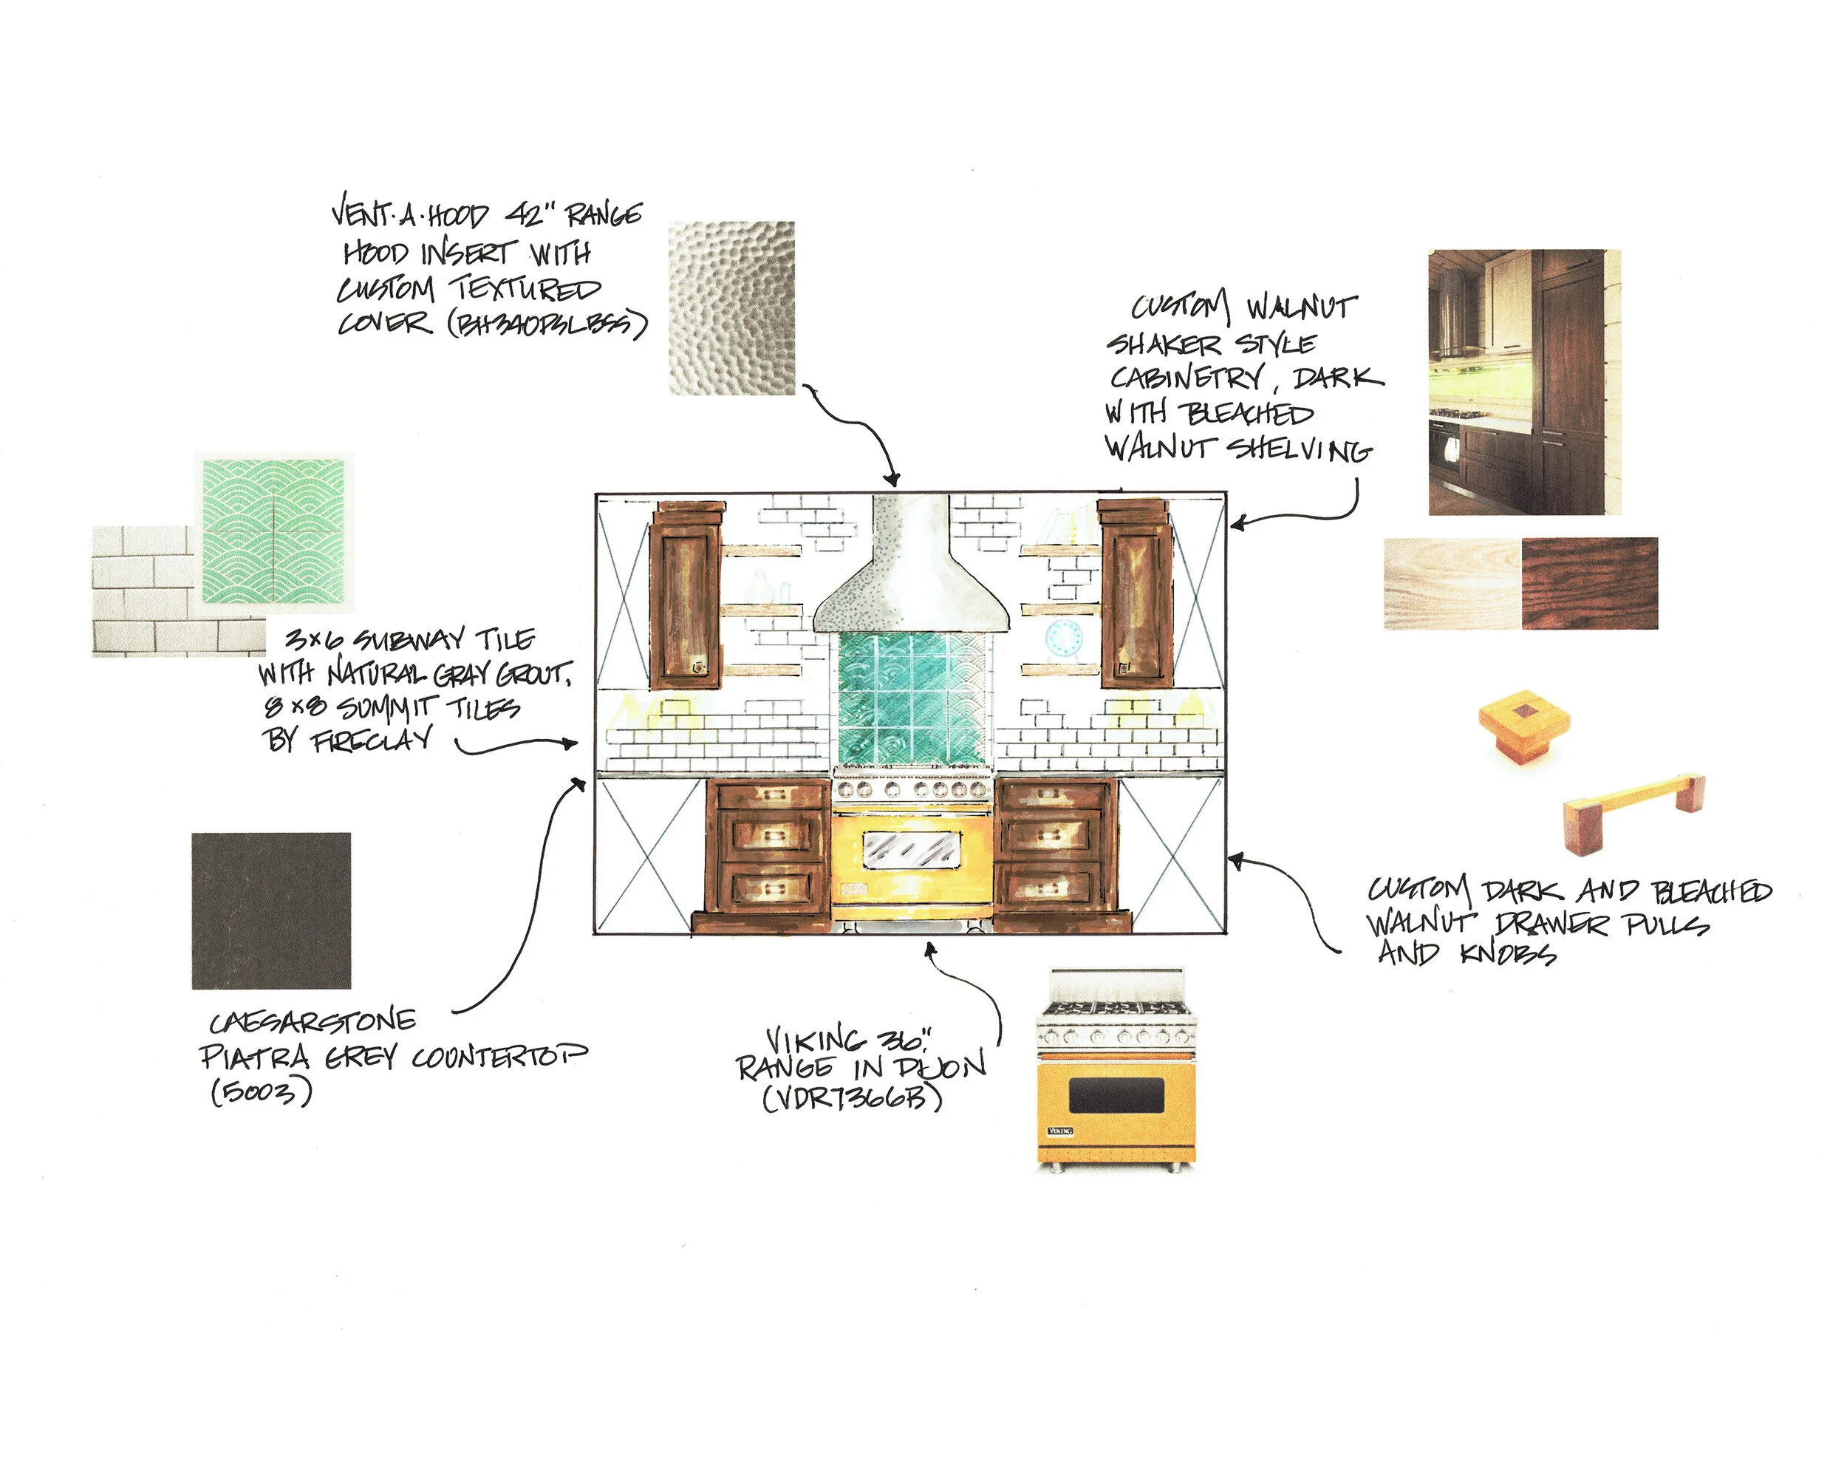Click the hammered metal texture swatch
(731, 308)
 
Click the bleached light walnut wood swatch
(1452, 584)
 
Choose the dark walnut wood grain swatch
(1589, 584)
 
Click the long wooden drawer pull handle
(1633, 810)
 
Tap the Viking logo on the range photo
(1061, 1131)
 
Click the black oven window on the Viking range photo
(1116, 1095)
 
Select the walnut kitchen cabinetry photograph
(1525, 382)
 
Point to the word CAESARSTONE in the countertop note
(313, 1021)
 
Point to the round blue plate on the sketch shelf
(1063, 638)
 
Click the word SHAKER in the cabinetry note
(1165, 344)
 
